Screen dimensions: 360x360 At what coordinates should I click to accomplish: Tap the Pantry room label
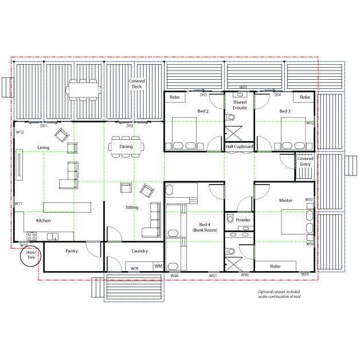[x=72, y=251]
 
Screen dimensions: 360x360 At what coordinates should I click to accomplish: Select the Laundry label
[x=139, y=251]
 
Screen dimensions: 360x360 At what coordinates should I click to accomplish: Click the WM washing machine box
[x=158, y=266]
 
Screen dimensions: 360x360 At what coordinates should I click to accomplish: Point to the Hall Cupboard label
[x=239, y=147]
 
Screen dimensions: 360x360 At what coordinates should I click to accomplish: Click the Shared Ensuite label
[x=239, y=105]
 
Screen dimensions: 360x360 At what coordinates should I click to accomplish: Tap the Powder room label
[x=243, y=220]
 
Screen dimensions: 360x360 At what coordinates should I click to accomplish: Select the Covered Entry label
[x=304, y=161]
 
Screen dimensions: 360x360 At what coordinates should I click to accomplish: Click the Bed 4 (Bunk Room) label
[x=205, y=228]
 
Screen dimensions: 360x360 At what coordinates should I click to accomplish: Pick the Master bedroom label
[x=285, y=201]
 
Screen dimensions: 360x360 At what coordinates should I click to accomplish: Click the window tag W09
[x=134, y=268]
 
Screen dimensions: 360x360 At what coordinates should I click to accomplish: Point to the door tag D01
[x=44, y=126]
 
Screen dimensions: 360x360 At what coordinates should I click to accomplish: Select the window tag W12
[x=19, y=132]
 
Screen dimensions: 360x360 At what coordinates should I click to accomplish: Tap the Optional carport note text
[x=279, y=294]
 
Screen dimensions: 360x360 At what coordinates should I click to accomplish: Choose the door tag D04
[x=277, y=95]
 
